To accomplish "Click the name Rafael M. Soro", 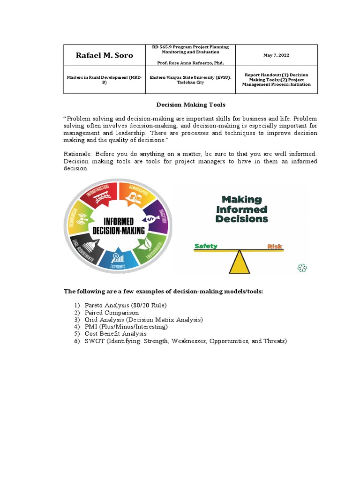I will coord(104,55).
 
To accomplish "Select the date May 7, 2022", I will coord(276,55).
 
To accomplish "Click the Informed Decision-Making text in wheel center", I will coord(118,225).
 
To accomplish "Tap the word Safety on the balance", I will coord(206,246).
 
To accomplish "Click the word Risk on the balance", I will coord(275,246).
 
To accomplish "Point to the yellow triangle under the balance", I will coord(240,264).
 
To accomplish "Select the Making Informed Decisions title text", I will coord(241,209).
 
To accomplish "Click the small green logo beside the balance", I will coord(302,268).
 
